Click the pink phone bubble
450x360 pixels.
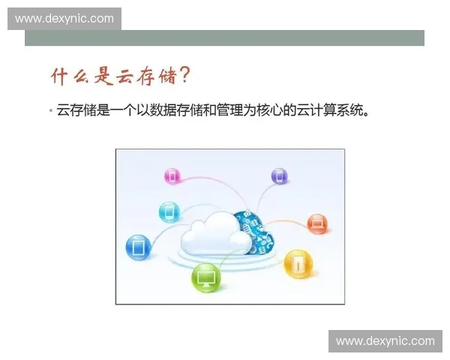(x=172, y=177)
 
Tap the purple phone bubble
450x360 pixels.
(x=279, y=177)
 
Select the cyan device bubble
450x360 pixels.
(x=169, y=211)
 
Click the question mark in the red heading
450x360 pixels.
(x=184, y=75)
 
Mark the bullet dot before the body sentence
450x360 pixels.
(x=50, y=112)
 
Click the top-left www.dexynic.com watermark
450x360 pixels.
(x=64, y=18)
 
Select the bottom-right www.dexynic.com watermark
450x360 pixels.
(x=385, y=341)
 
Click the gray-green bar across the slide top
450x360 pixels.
(x=225, y=38)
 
